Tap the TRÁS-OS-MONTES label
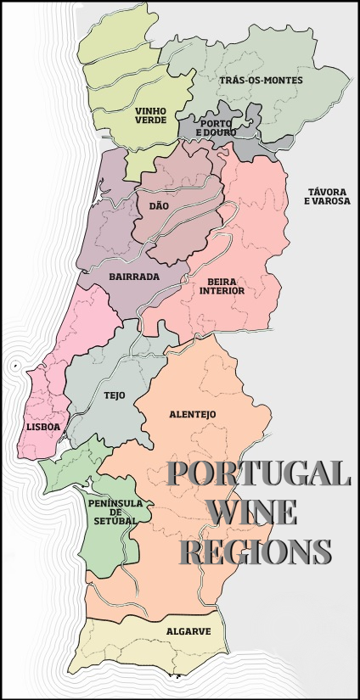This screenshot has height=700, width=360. click(261, 80)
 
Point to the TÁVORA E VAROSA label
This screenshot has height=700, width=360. click(328, 197)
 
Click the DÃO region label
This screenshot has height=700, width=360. click(159, 206)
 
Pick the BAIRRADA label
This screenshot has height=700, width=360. click(134, 277)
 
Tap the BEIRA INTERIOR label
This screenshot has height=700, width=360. click(222, 286)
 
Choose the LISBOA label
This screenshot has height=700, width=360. click(43, 427)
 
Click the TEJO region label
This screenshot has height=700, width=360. click(114, 395)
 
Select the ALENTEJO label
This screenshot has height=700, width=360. click(193, 414)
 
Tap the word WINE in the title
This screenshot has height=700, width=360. click(251, 513)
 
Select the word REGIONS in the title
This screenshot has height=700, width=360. click(257, 552)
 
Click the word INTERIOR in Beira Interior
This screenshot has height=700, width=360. click(222, 291)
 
